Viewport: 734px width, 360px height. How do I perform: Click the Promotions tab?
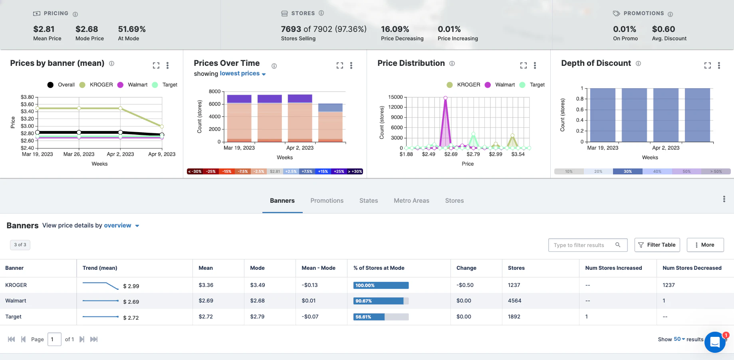point(327,201)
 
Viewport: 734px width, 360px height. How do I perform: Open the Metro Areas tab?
point(411,201)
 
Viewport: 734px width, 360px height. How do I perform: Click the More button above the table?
point(705,245)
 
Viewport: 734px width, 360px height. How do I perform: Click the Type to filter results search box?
point(583,245)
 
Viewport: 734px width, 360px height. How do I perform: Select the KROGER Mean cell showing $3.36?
point(206,285)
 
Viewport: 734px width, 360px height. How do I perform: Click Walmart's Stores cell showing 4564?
point(514,301)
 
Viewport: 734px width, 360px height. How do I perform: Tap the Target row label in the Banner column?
point(14,317)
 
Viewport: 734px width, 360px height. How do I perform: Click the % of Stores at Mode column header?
point(379,268)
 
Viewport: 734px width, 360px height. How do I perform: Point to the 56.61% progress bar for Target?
point(381,317)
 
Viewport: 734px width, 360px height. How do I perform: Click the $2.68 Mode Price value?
point(87,29)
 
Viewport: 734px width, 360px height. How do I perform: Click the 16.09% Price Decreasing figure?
point(395,29)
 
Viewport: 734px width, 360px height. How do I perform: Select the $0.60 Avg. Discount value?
point(663,29)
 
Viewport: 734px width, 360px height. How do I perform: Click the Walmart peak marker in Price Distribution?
point(445,98)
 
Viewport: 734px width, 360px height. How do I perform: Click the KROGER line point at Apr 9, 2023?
point(162,127)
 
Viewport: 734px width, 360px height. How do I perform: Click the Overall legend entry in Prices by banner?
point(61,85)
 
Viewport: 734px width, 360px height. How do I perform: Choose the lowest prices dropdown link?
point(242,74)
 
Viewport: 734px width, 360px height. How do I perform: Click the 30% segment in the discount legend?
point(627,172)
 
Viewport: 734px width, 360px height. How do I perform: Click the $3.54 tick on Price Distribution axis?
point(518,154)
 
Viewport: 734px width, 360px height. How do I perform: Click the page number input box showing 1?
point(54,339)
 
